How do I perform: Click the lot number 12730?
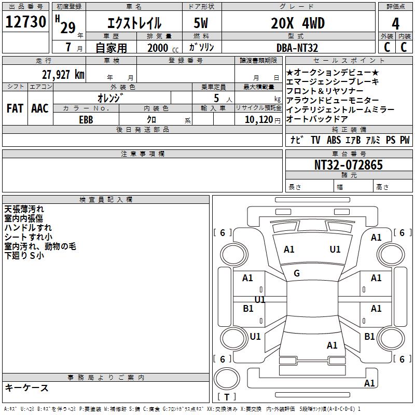tap(25, 22)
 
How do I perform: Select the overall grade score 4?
tap(395, 23)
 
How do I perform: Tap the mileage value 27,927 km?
tap(63, 75)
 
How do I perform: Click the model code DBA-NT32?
tap(297, 48)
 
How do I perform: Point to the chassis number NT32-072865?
tap(348, 164)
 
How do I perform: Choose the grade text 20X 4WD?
tap(298, 23)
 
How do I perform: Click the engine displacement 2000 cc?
tap(163, 48)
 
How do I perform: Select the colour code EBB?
tap(86, 120)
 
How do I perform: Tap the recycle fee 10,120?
tap(259, 120)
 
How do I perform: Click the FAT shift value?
tap(15, 108)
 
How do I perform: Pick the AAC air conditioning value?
tap(40, 108)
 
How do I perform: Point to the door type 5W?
tap(201, 23)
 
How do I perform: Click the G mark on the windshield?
tap(297, 273)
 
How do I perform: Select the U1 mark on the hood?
tap(335, 250)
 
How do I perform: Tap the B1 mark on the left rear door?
tap(248, 308)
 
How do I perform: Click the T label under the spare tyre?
tap(227, 397)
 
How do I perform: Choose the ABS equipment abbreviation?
tap(334, 140)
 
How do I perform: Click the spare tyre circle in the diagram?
tap(227, 379)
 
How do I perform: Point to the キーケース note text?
tap(27, 388)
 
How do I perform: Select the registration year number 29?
tap(68, 27)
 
